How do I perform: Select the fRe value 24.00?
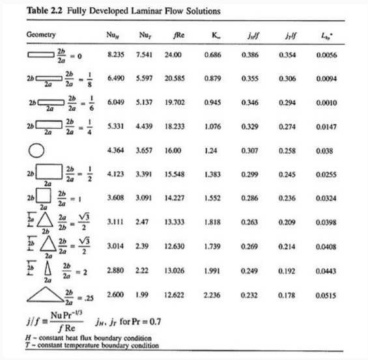point(173,56)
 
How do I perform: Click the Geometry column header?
point(40,34)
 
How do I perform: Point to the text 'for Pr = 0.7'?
point(144,322)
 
